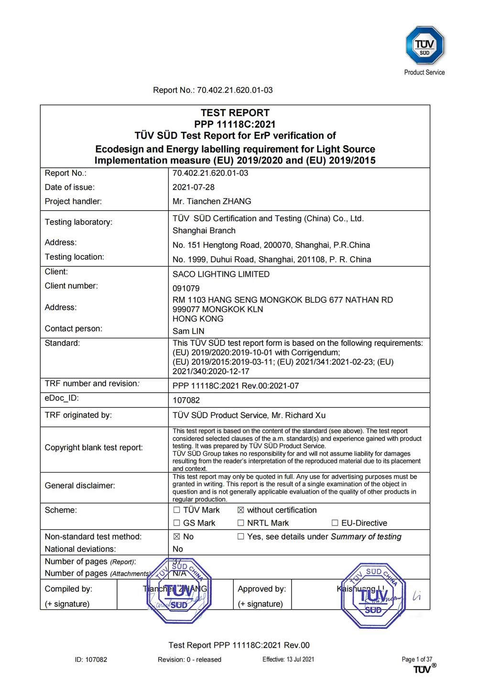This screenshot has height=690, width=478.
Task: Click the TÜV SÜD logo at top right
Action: (x=424, y=46)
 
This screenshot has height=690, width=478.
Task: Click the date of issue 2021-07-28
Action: (x=193, y=187)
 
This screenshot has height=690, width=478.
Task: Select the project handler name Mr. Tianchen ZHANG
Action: (x=212, y=202)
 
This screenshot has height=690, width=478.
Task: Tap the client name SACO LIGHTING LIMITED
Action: (x=221, y=274)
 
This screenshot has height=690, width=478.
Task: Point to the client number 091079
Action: (x=186, y=289)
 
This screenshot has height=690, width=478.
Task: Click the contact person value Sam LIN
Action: (x=188, y=331)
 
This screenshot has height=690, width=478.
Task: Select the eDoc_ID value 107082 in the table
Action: (x=186, y=400)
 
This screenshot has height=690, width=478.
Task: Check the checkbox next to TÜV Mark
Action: (x=177, y=510)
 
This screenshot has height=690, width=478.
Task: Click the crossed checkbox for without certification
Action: (x=241, y=510)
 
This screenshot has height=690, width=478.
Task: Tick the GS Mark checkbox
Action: (x=177, y=523)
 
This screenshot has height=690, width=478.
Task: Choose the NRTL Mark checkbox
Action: (x=241, y=523)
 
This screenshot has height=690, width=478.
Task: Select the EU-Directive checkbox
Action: (x=335, y=523)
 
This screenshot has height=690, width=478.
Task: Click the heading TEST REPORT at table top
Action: (x=235, y=113)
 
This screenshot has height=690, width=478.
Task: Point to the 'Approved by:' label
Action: (x=261, y=589)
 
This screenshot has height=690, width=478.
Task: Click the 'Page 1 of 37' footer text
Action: (x=416, y=659)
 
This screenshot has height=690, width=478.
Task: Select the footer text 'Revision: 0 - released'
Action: (x=189, y=660)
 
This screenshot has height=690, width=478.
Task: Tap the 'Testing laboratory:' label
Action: (x=78, y=222)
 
